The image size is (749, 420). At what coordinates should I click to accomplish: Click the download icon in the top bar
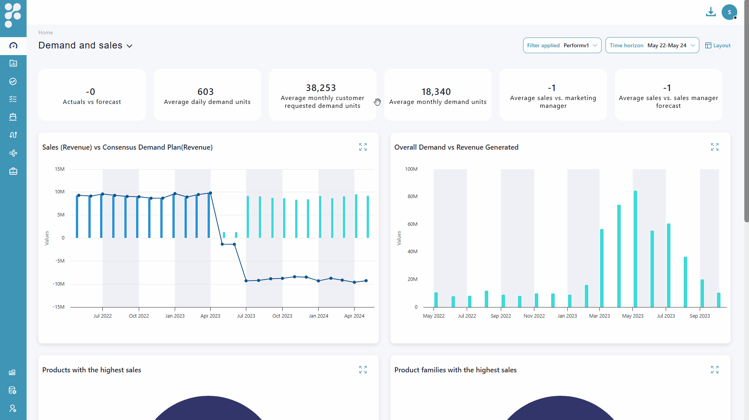[x=710, y=12]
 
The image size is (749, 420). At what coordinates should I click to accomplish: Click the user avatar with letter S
[x=729, y=12]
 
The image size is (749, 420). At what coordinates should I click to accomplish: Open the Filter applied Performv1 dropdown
[x=562, y=45]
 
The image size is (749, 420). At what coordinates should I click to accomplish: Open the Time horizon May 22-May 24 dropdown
[x=652, y=45]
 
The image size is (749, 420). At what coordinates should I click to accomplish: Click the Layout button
[x=718, y=45]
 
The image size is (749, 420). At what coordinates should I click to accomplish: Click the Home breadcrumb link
[x=46, y=32]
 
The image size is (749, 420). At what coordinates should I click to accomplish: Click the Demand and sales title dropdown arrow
[x=130, y=46]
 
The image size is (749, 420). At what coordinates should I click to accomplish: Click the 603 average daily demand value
[x=206, y=92]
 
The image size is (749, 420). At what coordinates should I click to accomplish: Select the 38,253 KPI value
[x=321, y=88]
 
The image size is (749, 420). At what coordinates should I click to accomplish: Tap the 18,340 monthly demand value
[x=436, y=92]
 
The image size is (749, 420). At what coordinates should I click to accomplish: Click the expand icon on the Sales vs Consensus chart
[x=363, y=147]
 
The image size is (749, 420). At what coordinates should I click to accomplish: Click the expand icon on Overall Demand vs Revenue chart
[x=715, y=147]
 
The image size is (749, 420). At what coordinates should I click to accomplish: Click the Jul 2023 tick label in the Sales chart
[x=246, y=316]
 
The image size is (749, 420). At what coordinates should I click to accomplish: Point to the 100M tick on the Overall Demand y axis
[x=411, y=169]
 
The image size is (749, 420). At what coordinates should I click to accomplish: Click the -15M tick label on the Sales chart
[x=59, y=307]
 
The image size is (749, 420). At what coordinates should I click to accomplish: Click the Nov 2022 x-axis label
[x=534, y=316]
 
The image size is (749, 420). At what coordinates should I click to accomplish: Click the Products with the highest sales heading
[x=91, y=370]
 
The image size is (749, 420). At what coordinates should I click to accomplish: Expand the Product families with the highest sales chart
[x=715, y=370]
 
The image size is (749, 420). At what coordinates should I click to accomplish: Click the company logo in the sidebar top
[x=13, y=15]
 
